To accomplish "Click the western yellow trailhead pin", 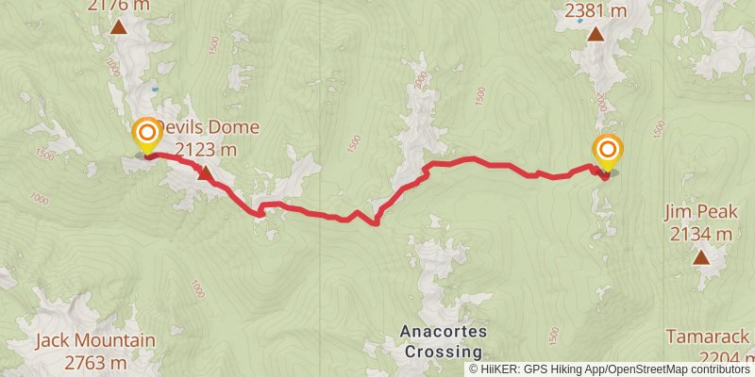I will [147, 133].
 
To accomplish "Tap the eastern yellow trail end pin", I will [608, 150].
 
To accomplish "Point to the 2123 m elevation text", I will [206, 148].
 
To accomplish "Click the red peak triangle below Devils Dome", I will [205, 172].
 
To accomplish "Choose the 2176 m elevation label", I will [119, 7].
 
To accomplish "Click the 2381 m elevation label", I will [596, 11].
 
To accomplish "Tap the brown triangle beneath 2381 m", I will [596, 35].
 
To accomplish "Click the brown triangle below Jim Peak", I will [701, 257].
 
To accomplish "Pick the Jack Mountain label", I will [82, 341].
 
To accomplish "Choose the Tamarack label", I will [707, 336].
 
